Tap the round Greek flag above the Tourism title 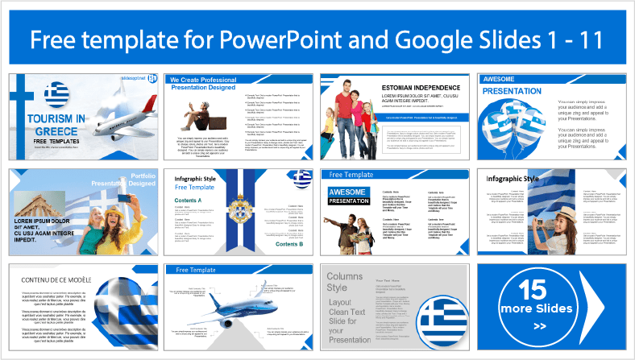(57, 95)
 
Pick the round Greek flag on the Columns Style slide (443, 321)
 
